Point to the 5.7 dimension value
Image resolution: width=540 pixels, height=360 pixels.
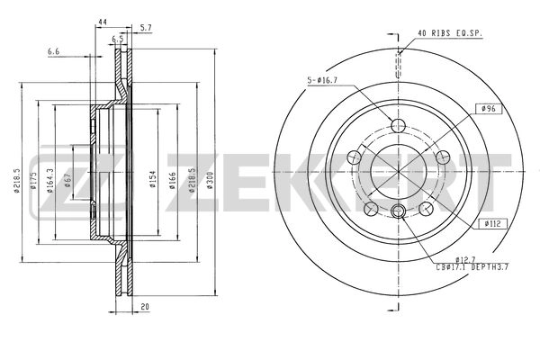tap(146, 29)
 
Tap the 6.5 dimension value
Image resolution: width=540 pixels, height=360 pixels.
tap(117, 40)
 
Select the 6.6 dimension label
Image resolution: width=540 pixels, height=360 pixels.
tap(54, 51)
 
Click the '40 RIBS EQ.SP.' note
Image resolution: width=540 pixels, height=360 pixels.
tap(449, 33)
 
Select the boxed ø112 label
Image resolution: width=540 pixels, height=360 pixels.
tap(492, 222)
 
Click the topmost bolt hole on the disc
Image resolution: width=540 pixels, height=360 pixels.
tap(397, 124)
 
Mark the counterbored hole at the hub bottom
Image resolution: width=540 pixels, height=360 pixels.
tap(397, 211)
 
